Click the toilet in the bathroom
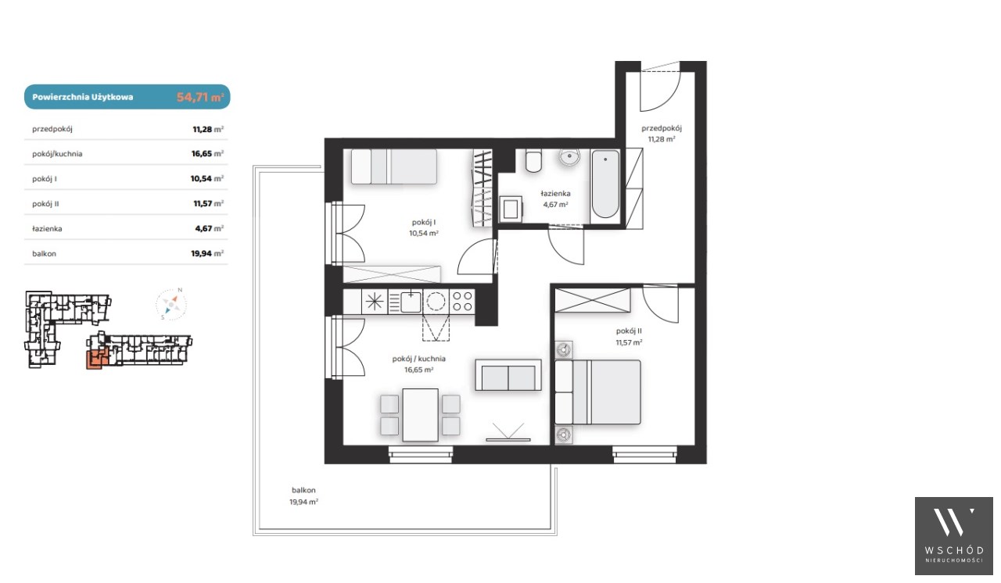coord(533,161)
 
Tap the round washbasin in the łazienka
coord(569,157)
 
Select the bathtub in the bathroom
coord(605,184)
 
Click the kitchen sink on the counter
coord(411,302)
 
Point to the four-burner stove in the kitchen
coord(462,302)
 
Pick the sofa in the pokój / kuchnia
coord(508,375)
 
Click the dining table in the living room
coord(420,415)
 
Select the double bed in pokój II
coord(598,392)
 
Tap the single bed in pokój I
coord(393,166)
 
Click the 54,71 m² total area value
coord(199,97)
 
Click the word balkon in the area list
coord(45,253)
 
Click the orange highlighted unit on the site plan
coord(96,359)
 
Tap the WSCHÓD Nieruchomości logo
coord(953,535)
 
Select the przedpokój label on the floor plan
coord(662,128)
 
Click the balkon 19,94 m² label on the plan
coord(303,496)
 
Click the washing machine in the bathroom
coord(511,209)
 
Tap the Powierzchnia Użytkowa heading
coord(83,97)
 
